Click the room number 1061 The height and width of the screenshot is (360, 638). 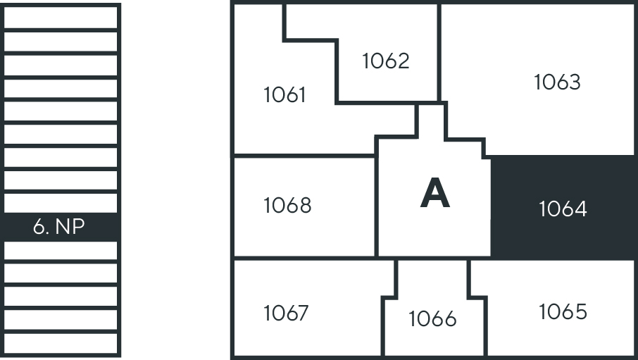point(284,95)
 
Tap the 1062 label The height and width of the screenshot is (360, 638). point(386,61)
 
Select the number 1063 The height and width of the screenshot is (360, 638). point(557,82)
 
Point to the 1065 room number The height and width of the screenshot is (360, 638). point(563,311)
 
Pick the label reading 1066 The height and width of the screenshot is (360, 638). point(432,318)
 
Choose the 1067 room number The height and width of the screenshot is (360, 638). point(286,314)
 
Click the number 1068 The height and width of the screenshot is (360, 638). point(288,205)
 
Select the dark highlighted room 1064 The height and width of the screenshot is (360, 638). point(563,208)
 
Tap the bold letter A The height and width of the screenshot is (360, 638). point(435,194)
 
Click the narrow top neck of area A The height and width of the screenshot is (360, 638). point(432,120)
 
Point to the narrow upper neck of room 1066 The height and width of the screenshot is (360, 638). point(432,278)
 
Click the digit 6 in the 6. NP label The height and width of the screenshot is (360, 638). point(39,227)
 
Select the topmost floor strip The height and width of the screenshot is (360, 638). point(61,17)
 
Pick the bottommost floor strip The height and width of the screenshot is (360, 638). point(61,344)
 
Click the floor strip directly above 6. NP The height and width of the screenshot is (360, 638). point(61,203)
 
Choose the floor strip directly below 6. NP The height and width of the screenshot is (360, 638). point(61,251)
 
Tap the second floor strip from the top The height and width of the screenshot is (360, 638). point(61,42)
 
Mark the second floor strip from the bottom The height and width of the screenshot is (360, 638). point(61,320)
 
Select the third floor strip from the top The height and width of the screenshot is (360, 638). point(61,65)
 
